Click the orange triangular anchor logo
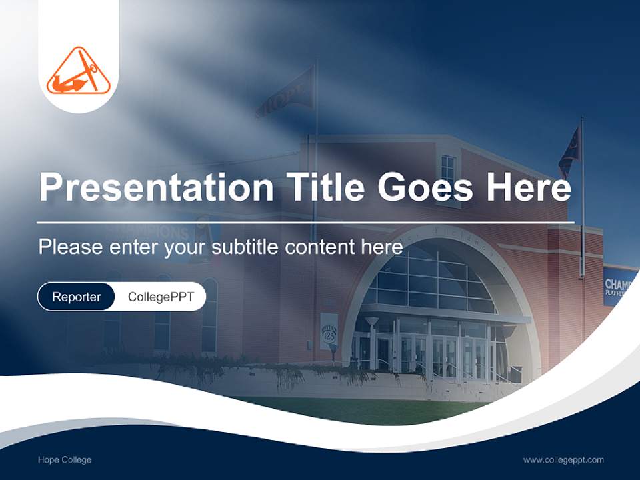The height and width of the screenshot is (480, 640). point(79,71)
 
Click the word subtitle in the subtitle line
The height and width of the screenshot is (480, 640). point(245,247)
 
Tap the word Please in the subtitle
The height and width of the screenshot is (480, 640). point(68,247)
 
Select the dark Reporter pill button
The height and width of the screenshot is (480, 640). point(76,297)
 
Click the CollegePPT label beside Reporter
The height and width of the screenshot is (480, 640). point(161,297)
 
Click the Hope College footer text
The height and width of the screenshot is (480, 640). point(65,460)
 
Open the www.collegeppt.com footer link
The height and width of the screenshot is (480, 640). point(563,460)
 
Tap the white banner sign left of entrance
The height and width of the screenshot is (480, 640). point(329,331)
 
